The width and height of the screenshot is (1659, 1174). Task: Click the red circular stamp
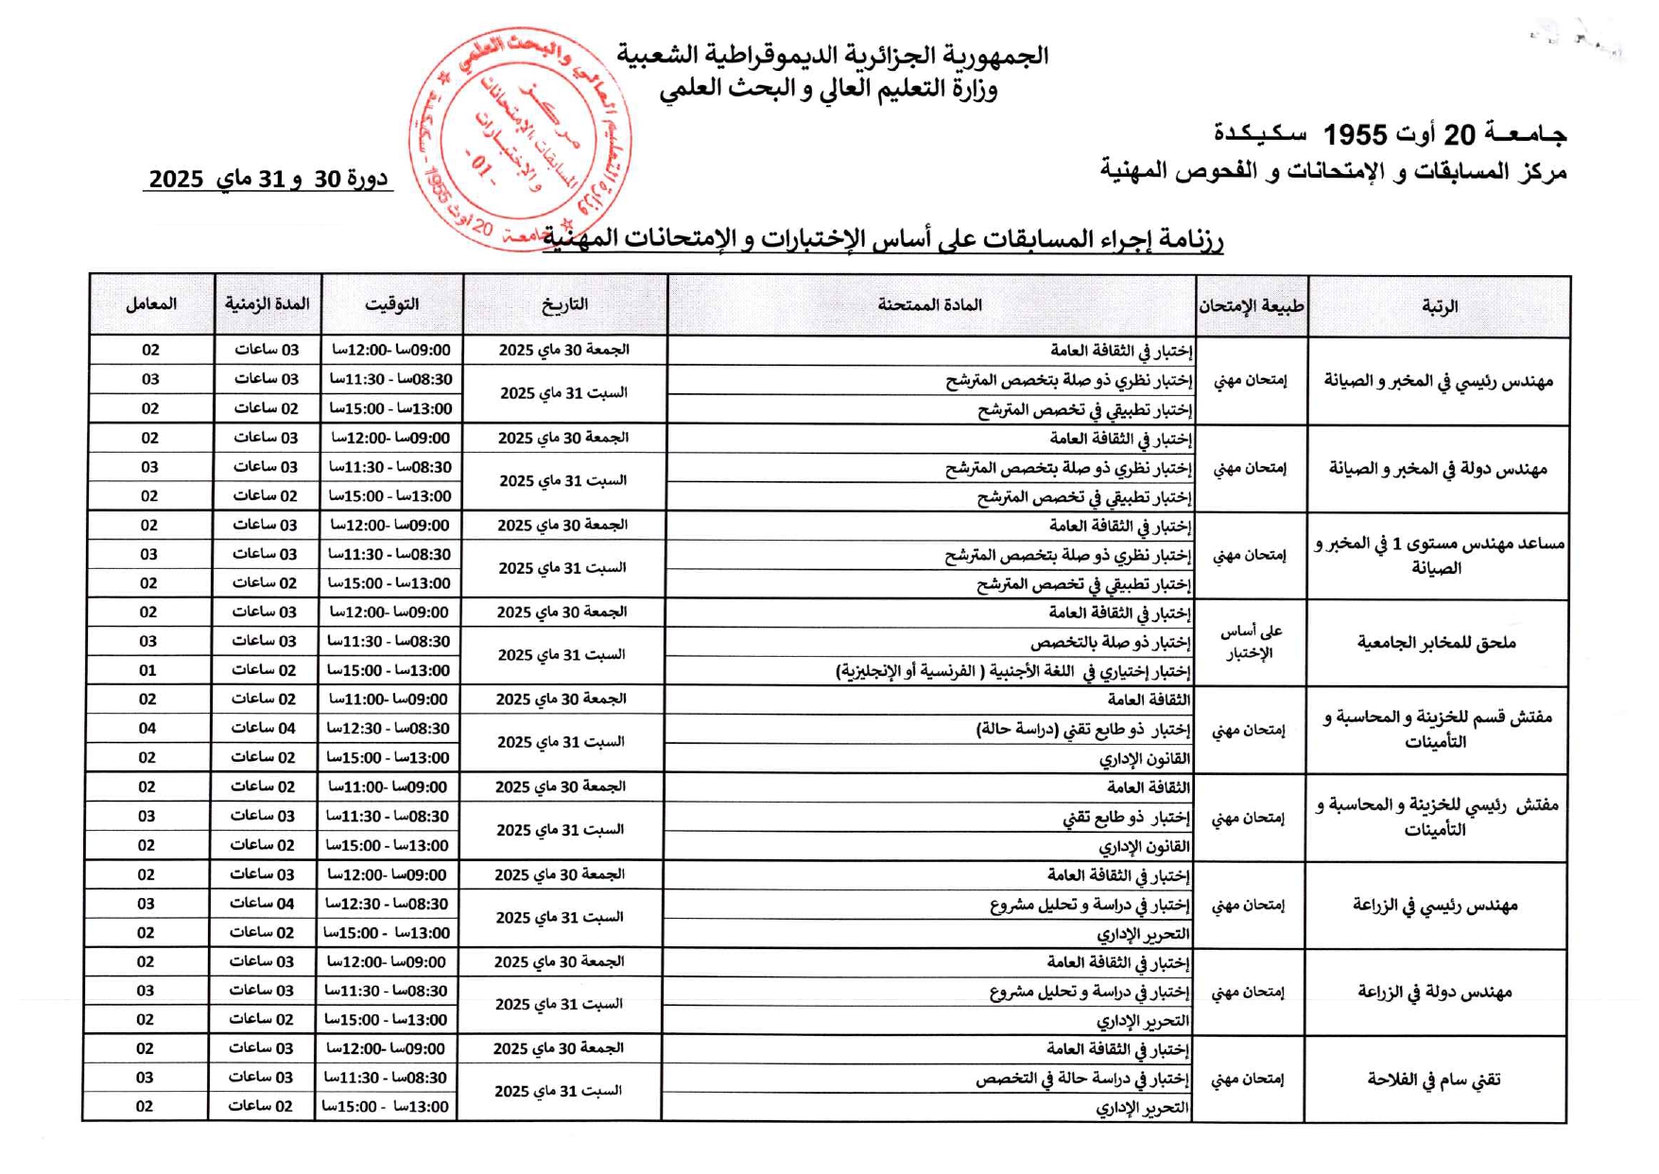click(520, 139)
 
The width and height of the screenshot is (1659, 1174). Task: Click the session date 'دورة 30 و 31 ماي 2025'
click(269, 178)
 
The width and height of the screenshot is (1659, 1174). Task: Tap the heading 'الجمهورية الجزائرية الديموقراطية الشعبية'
click(833, 55)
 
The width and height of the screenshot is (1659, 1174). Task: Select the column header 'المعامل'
click(151, 304)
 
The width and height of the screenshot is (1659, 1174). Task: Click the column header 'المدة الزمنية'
click(268, 304)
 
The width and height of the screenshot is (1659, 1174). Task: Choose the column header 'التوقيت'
click(392, 304)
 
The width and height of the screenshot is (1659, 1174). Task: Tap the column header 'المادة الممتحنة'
click(930, 305)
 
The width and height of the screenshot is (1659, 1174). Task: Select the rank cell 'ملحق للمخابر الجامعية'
click(1437, 643)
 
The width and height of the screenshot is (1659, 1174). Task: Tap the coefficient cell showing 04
click(147, 728)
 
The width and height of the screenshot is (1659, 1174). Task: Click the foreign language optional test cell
click(1012, 671)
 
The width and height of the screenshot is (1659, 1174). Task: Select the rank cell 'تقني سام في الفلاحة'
click(1435, 1079)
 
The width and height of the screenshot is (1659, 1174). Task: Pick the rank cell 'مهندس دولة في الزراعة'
click(1435, 992)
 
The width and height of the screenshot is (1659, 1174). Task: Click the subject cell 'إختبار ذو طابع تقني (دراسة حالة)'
click(1082, 729)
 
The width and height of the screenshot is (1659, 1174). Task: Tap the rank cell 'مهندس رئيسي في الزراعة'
click(1435, 906)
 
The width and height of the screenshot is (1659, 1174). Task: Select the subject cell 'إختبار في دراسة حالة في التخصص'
click(1082, 1079)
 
